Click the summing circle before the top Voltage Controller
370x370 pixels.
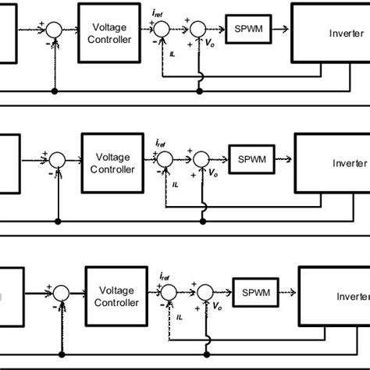(x=53, y=30)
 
